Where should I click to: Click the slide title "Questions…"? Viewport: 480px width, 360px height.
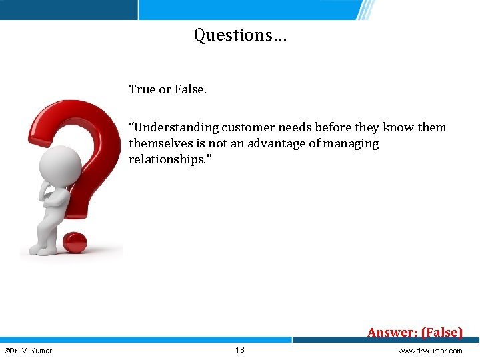tap(240, 35)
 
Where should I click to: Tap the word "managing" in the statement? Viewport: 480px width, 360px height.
tap(353, 143)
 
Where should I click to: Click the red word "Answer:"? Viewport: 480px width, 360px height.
tap(392, 332)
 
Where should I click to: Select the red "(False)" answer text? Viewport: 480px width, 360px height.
tap(441, 332)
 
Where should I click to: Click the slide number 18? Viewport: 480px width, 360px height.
tap(240, 350)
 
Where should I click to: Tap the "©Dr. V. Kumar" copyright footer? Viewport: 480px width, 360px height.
tap(29, 351)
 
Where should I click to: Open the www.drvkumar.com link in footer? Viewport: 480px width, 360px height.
tap(430, 351)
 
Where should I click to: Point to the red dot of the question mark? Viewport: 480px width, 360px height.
tap(75, 243)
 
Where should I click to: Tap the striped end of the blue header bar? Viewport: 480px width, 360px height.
tap(365, 9)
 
